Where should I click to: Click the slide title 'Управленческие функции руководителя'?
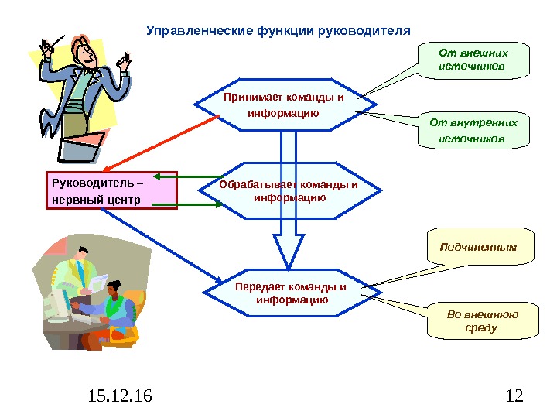(x=278, y=32)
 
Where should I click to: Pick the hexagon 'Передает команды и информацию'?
(x=292, y=293)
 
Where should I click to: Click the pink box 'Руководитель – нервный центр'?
(x=111, y=191)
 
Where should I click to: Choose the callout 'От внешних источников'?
(x=473, y=60)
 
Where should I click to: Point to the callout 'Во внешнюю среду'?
(x=483, y=320)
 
